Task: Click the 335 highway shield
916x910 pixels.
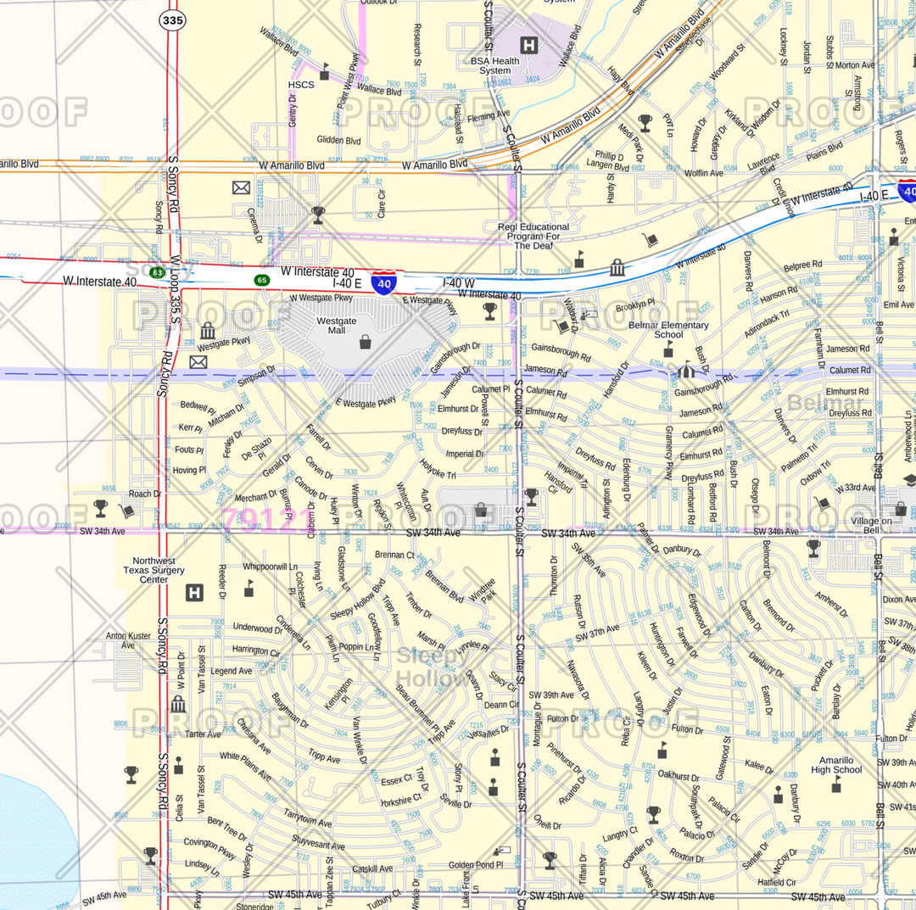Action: pyautogui.click(x=172, y=20)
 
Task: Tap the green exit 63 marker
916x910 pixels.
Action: pyautogui.click(x=157, y=272)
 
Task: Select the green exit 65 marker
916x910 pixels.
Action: pyautogui.click(x=262, y=279)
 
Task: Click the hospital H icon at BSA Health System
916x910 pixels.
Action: pyautogui.click(x=529, y=45)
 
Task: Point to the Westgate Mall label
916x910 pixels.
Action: pyautogui.click(x=337, y=327)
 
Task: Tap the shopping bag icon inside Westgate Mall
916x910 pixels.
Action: pyautogui.click(x=365, y=342)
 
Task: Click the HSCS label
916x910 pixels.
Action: pyautogui.click(x=301, y=85)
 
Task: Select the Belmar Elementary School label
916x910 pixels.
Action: pyautogui.click(x=668, y=330)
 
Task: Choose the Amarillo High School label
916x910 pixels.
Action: pyautogui.click(x=835, y=765)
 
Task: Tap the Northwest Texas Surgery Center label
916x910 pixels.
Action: pyautogui.click(x=154, y=570)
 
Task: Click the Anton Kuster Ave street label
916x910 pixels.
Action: pyautogui.click(x=128, y=640)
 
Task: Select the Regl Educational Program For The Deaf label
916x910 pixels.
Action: pyautogui.click(x=533, y=236)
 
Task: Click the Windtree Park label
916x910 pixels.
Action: pyautogui.click(x=482, y=590)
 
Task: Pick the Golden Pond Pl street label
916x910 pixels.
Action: pyautogui.click(x=476, y=865)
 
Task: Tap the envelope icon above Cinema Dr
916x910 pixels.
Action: pyautogui.click(x=242, y=187)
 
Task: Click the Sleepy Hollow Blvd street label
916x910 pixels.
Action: pyautogui.click(x=358, y=598)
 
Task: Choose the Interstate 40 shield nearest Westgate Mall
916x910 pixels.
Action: pyautogui.click(x=383, y=283)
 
